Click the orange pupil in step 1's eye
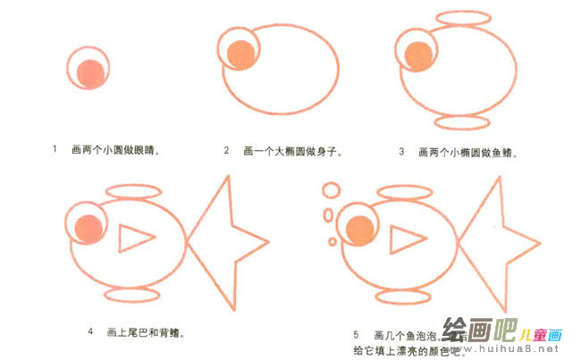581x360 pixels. point(89,73)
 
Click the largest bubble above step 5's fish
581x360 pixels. point(331,190)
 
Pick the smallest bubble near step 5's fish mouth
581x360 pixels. point(333,241)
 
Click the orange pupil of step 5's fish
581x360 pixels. point(360,229)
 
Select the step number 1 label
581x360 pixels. point(55,150)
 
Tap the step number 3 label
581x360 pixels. point(401,151)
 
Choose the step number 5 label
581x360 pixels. point(355,333)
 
